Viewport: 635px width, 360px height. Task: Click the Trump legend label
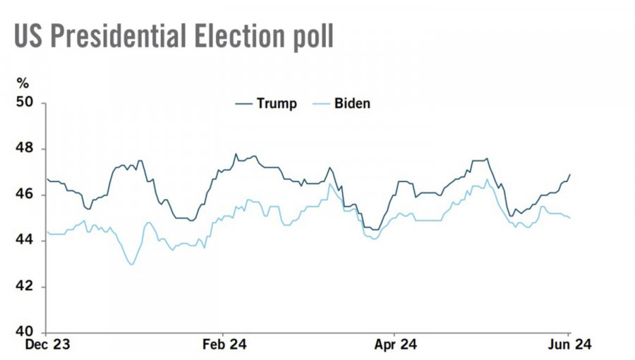[x=277, y=104]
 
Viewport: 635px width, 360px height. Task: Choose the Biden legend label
[x=353, y=104]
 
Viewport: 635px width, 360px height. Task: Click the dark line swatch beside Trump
[x=243, y=104]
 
